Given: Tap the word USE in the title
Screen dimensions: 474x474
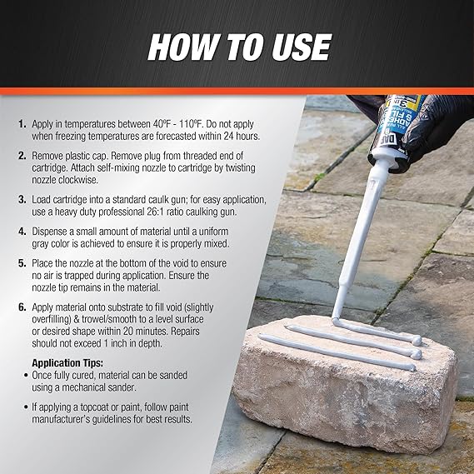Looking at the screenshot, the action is (302, 47).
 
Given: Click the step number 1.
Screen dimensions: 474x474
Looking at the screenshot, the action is (22, 124).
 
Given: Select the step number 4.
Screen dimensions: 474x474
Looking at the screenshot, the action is (22, 232).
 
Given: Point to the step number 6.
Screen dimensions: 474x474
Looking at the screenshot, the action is (22, 307).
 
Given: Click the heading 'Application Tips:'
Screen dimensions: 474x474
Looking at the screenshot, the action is (67, 362).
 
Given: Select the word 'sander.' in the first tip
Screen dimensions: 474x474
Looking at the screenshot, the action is (121, 387).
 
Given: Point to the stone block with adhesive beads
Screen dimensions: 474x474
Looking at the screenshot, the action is (345, 384).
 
